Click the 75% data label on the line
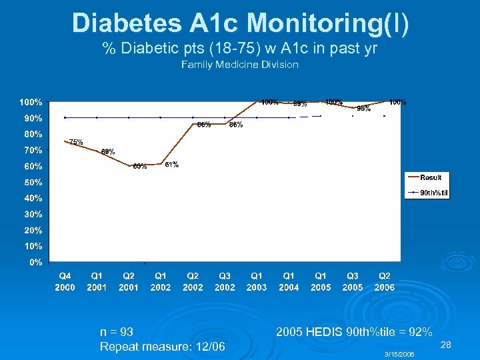pos(76,142)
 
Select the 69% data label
pos(108,152)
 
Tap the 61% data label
pos(171,165)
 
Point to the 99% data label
pos(300,103)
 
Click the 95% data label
pos(363,108)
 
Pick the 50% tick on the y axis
pos(33,182)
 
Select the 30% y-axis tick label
pos(33,214)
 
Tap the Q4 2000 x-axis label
pos(65,281)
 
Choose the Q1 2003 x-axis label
pos(257,281)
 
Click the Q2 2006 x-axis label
pos(385,281)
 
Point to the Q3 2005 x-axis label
pos(353,281)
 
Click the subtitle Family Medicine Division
pos(240,65)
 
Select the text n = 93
pos(117,332)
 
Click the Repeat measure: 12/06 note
pos(162,347)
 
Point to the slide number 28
pos(447,345)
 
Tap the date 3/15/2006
pos(400,355)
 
